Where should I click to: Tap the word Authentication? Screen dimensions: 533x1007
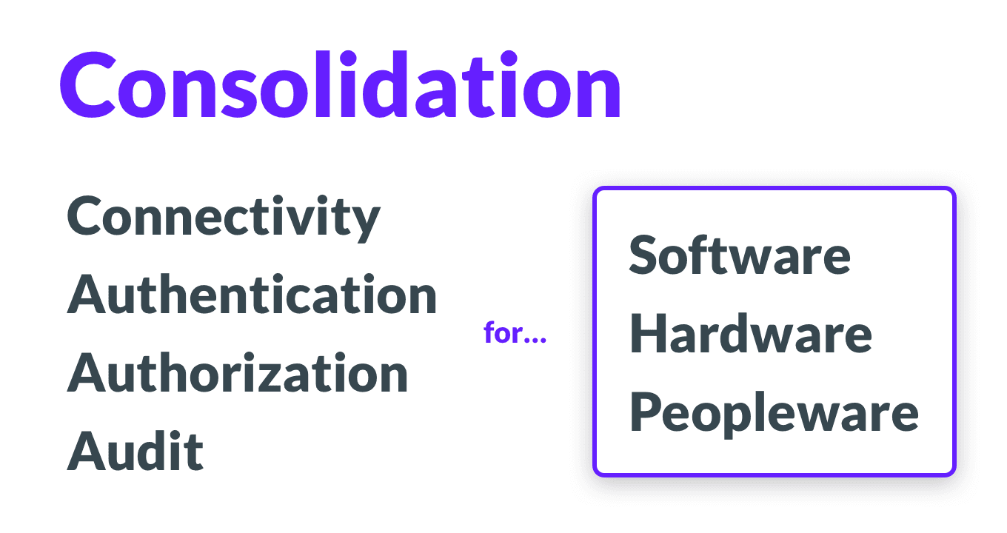point(252,295)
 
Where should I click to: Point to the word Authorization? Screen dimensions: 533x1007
point(238,373)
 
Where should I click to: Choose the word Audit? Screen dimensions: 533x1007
point(136,451)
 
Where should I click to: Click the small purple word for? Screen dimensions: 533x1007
point(502,334)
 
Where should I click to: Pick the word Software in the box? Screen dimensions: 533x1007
point(740,255)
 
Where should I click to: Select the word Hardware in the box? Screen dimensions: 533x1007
point(750,334)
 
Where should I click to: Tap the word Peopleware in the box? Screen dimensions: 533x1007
point(774,413)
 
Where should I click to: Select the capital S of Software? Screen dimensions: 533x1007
point(645,255)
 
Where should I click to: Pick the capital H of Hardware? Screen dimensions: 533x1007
point(648,334)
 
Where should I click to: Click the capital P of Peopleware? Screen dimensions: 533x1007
point(646,412)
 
